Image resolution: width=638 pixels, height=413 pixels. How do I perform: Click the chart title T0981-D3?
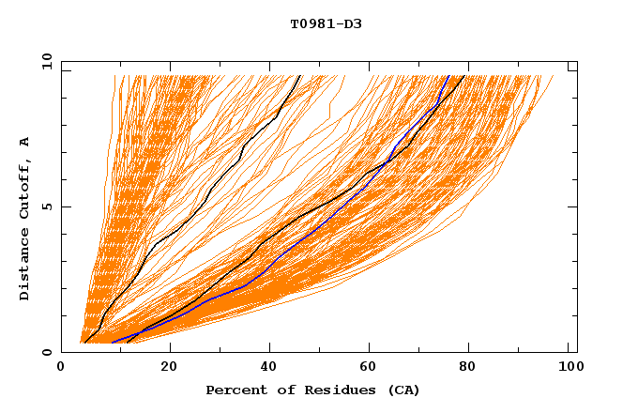pos(326,24)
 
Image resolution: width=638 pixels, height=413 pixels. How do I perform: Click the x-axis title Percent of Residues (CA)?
pos(312,390)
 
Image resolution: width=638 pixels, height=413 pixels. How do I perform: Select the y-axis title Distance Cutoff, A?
pos(25,218)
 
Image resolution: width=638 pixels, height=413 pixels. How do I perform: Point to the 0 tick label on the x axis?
pos(62,367)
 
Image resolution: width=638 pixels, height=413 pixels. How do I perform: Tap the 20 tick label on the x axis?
pos(165,367)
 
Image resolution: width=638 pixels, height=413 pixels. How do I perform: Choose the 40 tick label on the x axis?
pos(268,367)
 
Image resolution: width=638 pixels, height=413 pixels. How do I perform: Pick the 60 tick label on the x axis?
pos(372,367)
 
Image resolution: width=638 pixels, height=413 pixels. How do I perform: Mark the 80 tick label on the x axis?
pos(475,367)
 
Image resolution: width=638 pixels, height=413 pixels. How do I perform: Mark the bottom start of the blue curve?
pos(112,343)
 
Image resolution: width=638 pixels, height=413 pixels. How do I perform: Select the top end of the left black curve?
pos(300,76)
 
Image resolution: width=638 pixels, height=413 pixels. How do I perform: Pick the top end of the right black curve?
pos(464,76)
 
